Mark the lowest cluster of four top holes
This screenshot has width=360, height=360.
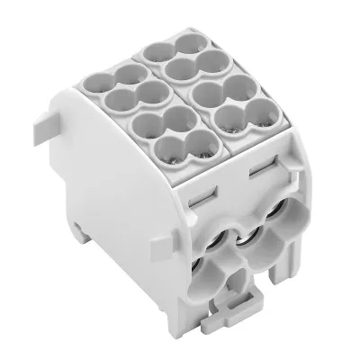click(x=175, y=132)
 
